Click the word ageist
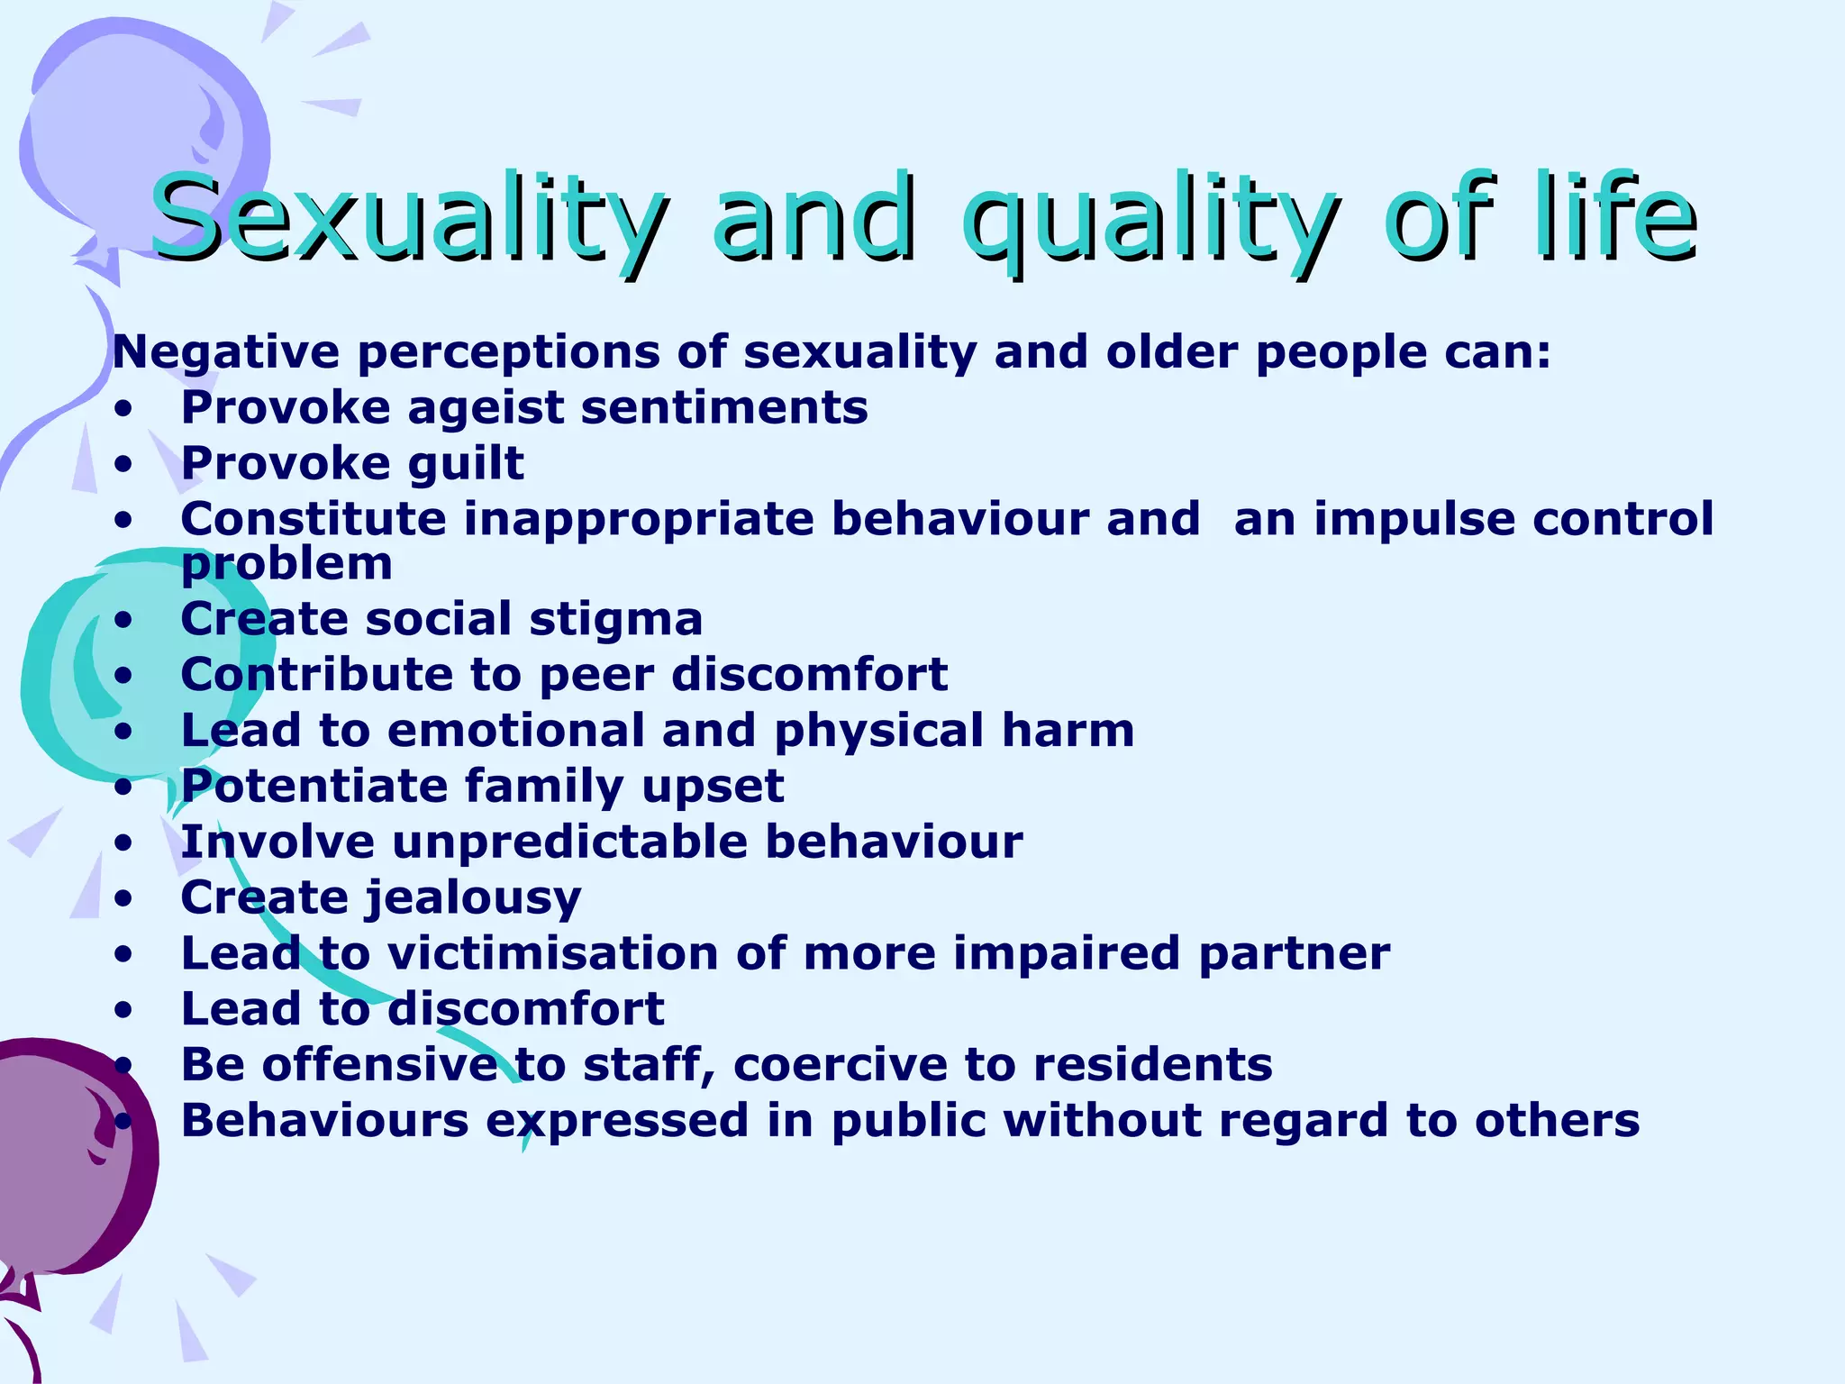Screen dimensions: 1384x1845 pos(485,408)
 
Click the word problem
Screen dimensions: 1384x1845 pos(286,566)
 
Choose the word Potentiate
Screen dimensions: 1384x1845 pos(314,787)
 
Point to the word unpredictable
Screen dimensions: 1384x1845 pos(569,842)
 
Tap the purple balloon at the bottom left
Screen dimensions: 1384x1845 pos(63,1162)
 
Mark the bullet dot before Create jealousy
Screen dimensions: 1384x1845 pos(123,899)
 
